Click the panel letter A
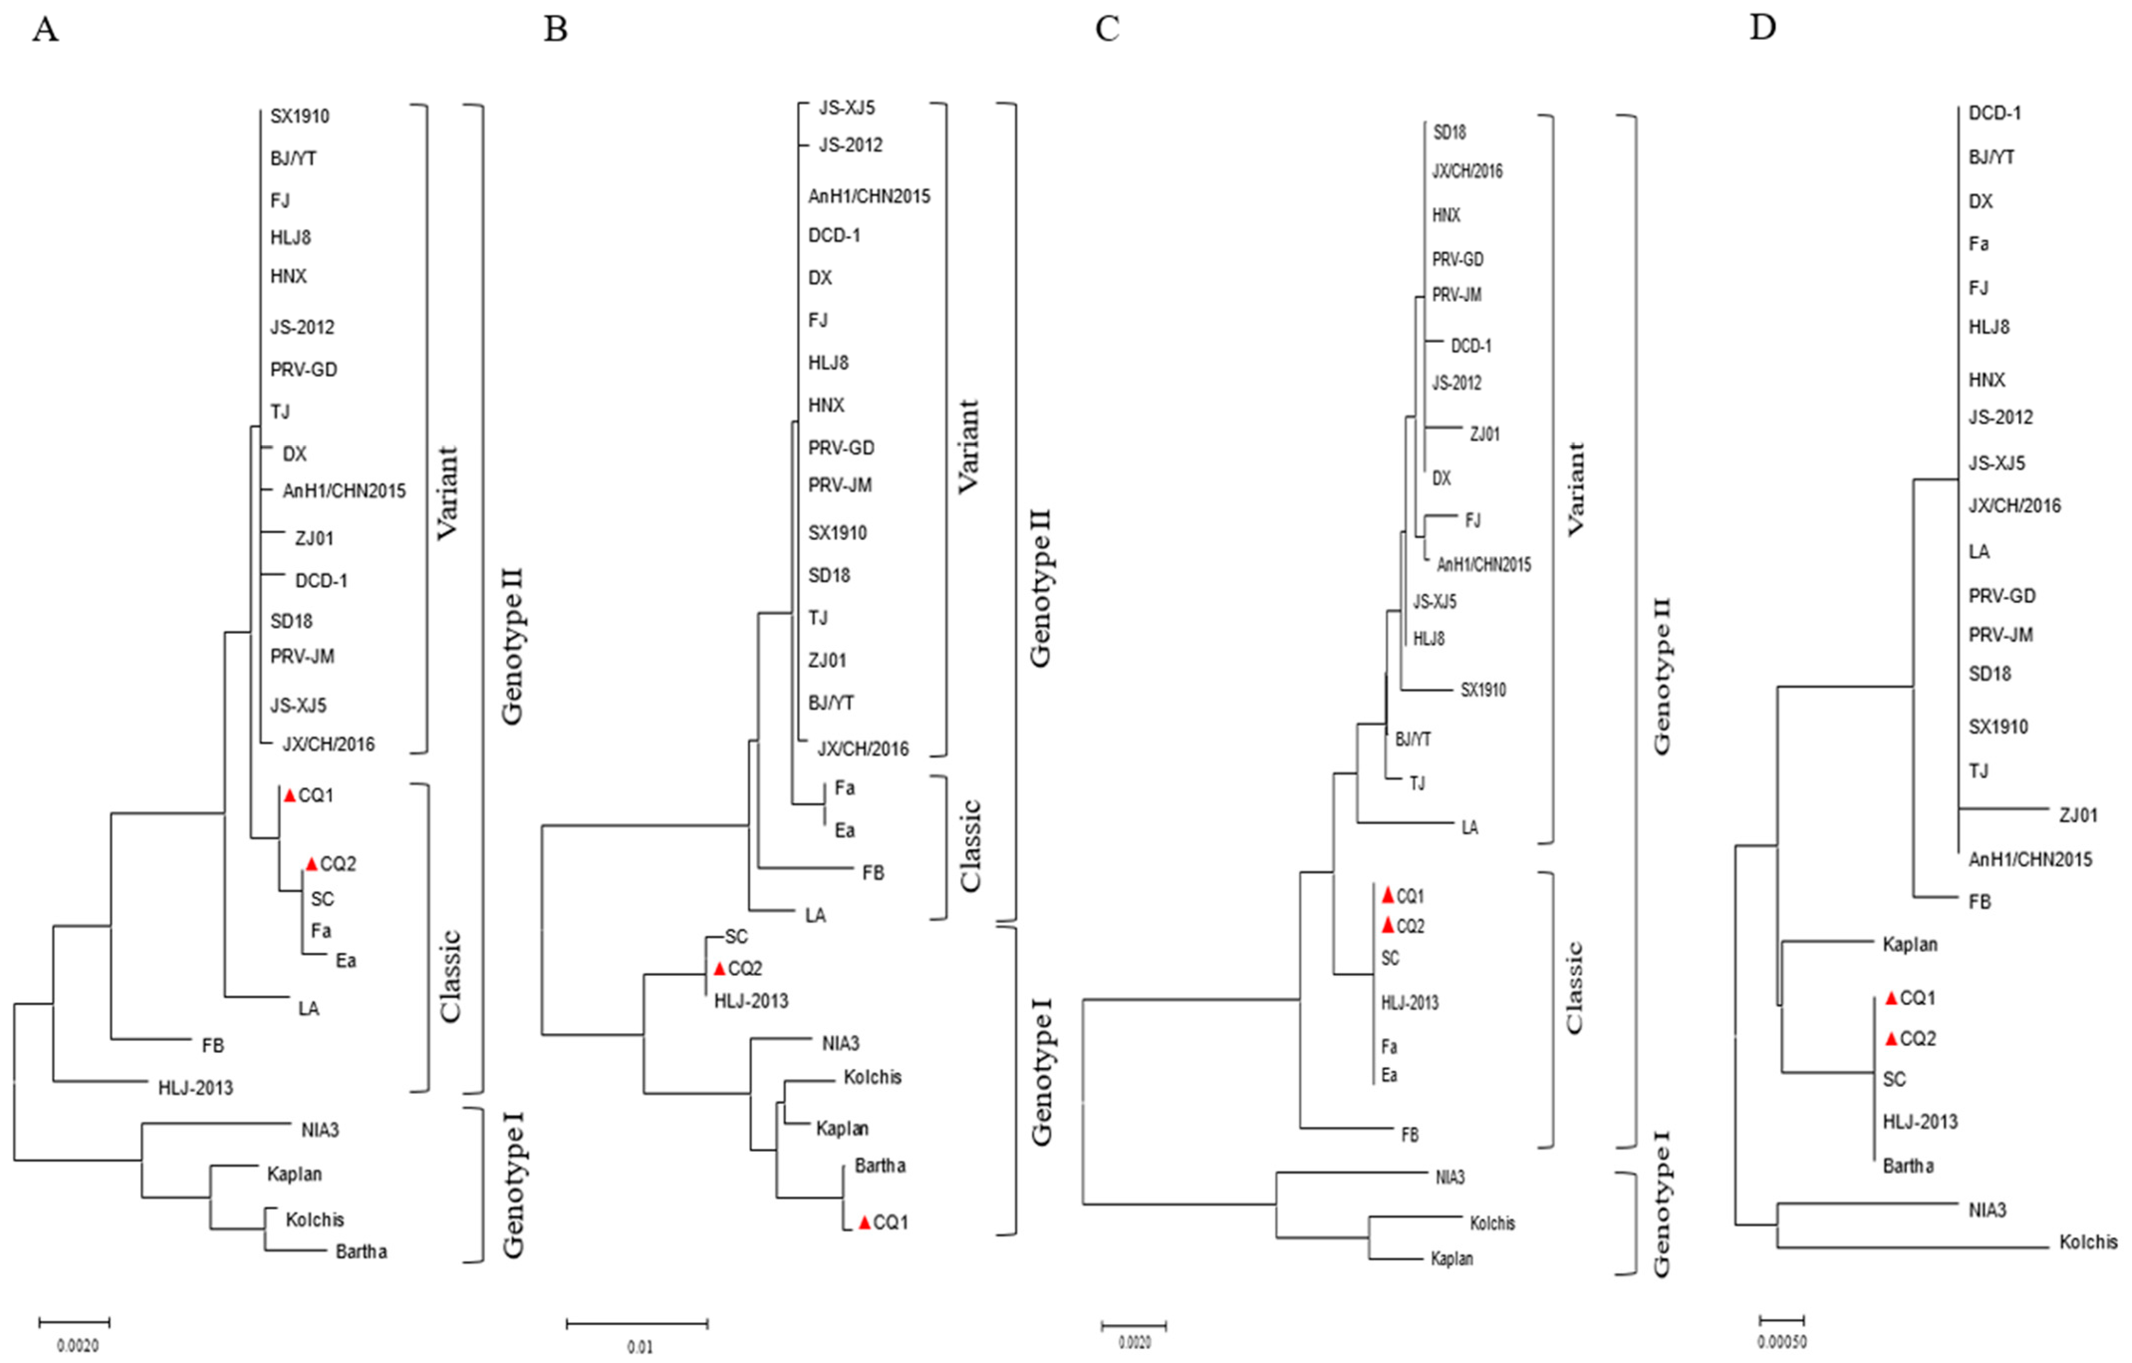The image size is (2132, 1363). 45,29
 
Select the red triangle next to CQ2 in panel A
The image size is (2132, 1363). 311,864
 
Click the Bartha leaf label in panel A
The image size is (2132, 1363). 361,1251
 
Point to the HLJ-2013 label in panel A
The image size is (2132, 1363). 196,1087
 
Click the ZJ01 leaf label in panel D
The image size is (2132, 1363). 2078,815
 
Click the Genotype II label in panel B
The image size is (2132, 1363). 1040,587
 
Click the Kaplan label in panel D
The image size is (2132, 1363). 1910,944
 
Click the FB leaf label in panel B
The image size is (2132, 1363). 873,872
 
